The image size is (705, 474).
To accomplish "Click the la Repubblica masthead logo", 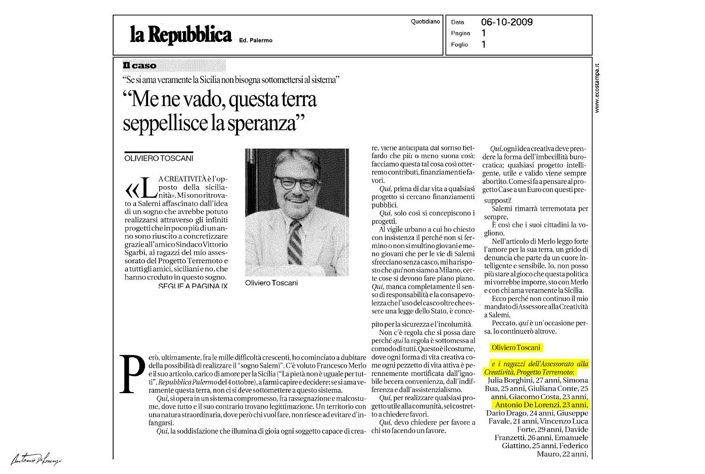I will click(x=180, y=35).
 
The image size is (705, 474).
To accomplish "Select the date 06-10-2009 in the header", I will click(x=506, y=22).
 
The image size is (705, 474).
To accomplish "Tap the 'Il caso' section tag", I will click(x=139, y=66).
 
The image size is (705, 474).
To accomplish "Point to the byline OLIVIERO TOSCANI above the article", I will click(x=159, y=158).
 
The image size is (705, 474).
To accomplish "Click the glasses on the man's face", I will click(x=297, y=182).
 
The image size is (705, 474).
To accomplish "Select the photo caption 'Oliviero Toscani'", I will click(x=271, y=283).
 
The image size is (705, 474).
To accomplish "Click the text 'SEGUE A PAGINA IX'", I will click(x=193, y=286).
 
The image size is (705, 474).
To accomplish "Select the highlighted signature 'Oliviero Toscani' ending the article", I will click(x=515, y=348).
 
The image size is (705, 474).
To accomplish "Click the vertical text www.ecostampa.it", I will click(x=597, y=88).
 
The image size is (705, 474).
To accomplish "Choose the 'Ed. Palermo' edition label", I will click(x=256, y=40).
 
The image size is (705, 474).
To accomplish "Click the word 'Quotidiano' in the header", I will click(x=426, y=22).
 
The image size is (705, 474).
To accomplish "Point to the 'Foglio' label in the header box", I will click(x=459, y=44).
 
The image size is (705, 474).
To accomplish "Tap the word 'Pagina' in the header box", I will click(x=460, y=33).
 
